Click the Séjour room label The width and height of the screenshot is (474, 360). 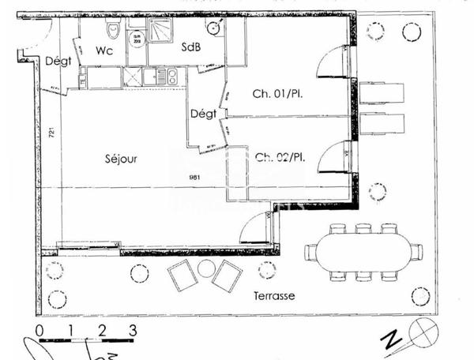pyautogui.click(x=121, y=159)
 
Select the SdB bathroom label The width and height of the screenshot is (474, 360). pyautogui.click(x=191, y=47)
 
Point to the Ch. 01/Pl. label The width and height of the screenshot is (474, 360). pyautogui.click(x=278, y=94)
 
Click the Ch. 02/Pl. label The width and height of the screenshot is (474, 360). pyautogui.click(x=280, y=157)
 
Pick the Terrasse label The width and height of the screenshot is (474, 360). pyautogui.click(x=275, y=296)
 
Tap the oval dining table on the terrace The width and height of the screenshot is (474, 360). pyautogui.click(x=363, y=252)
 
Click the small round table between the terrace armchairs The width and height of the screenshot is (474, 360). pyautogui.click(x=206, y=268)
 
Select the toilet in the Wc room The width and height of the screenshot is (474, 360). pyautogui.click(x=114, y=32)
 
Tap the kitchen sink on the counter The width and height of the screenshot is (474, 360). pyautogui.click(x=167, y=77)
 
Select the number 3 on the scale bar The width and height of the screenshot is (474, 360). pyautogui.click(x=133, y=330)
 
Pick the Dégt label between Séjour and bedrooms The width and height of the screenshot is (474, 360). pyautogui.click(x=203, y=114)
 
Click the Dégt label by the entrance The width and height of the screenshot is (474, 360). pyautogui.click(x=58, y=61)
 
